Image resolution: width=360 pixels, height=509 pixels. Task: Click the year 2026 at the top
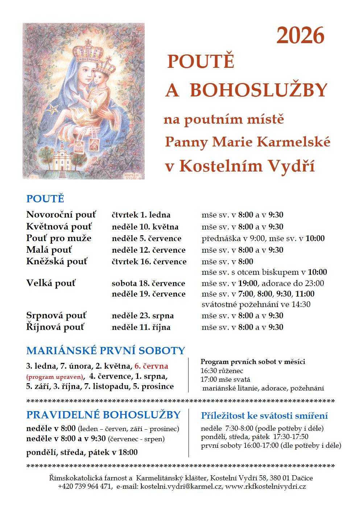pos(300,36)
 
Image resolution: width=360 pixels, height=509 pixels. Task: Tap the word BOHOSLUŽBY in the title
pos(259,90)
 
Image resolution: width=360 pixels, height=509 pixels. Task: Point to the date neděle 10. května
pos(145,227)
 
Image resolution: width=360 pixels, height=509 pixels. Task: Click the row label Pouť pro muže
pos(59,238)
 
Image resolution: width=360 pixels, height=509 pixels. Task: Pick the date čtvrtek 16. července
pos(149,262)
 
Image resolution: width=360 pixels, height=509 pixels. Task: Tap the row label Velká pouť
pos(51,283)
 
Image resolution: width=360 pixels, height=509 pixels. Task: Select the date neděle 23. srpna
pos(143,316)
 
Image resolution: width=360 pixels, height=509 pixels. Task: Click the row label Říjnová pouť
pos(55,327)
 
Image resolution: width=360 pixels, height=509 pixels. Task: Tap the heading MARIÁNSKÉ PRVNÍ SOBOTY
pos(105,351)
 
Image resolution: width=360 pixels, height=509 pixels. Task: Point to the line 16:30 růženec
pos(222,371)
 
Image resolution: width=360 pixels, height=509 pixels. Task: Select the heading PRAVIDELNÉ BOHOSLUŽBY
pos(103,415)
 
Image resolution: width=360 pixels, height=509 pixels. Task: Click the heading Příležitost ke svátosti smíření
pos(264,415)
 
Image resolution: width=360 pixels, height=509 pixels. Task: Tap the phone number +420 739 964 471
pos(84,487)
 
